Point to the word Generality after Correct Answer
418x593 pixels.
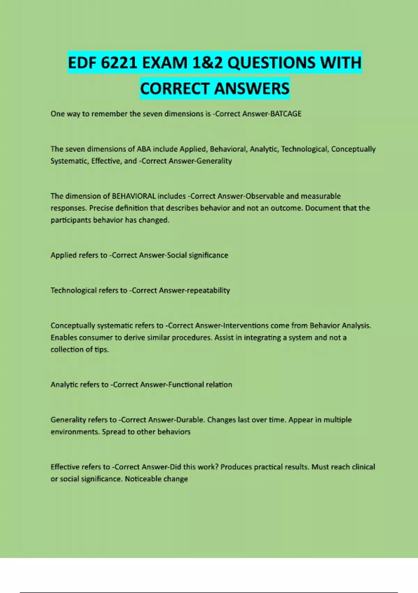215,161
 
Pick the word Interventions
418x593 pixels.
245,325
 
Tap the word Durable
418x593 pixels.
191,420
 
